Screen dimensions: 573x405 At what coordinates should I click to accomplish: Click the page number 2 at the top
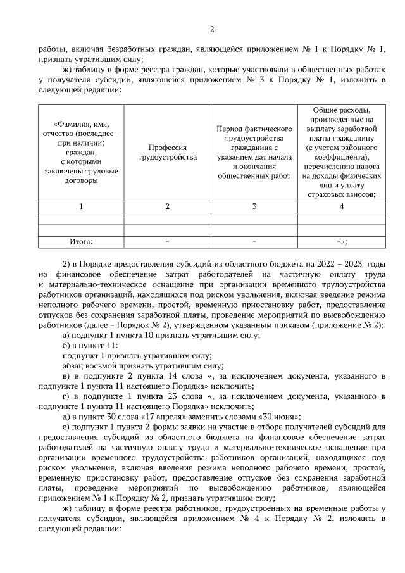[x=212, y=29]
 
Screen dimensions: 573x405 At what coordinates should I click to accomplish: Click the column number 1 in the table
[x=80, y=206]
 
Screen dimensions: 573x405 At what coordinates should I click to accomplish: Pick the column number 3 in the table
[x=254, y=206]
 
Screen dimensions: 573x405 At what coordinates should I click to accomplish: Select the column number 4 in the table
[x=342, y=206]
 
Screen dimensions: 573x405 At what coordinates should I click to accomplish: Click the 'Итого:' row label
[x=80, y=241]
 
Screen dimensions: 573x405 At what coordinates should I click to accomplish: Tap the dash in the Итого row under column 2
[x=167, y=241]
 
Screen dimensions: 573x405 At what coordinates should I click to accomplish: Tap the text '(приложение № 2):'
[x=351, y=325]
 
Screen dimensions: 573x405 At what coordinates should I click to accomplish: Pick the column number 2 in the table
[x=167, y=206]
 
